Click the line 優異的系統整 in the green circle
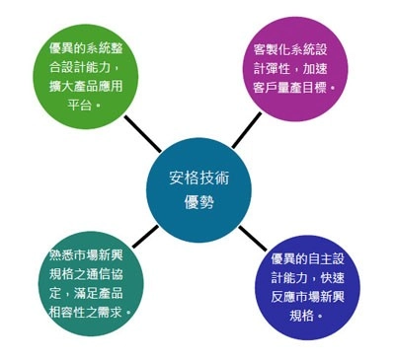tap(91, 47)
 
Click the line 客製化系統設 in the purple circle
tap(297, 48)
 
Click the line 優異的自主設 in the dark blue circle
tap(312, 258)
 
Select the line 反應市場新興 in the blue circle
tap(312, 296)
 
